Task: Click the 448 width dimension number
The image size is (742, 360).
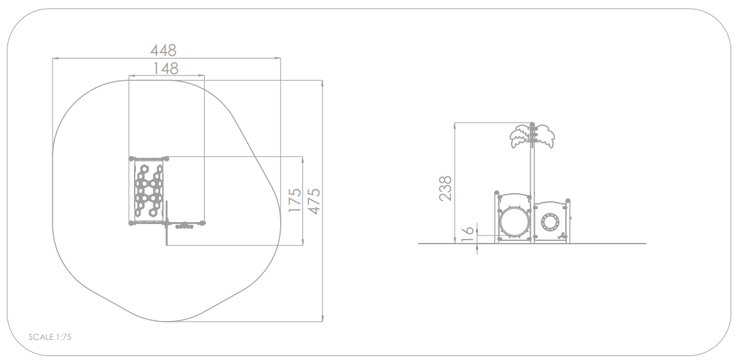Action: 163,50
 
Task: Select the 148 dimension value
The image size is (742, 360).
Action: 166,69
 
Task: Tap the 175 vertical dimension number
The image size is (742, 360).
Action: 294,200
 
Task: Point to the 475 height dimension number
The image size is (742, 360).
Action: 314,201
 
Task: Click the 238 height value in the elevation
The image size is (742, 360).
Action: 445,188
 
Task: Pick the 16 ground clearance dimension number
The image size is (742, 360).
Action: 467,234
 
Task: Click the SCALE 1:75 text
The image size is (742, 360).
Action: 50,337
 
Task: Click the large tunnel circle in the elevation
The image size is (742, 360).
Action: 514,222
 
